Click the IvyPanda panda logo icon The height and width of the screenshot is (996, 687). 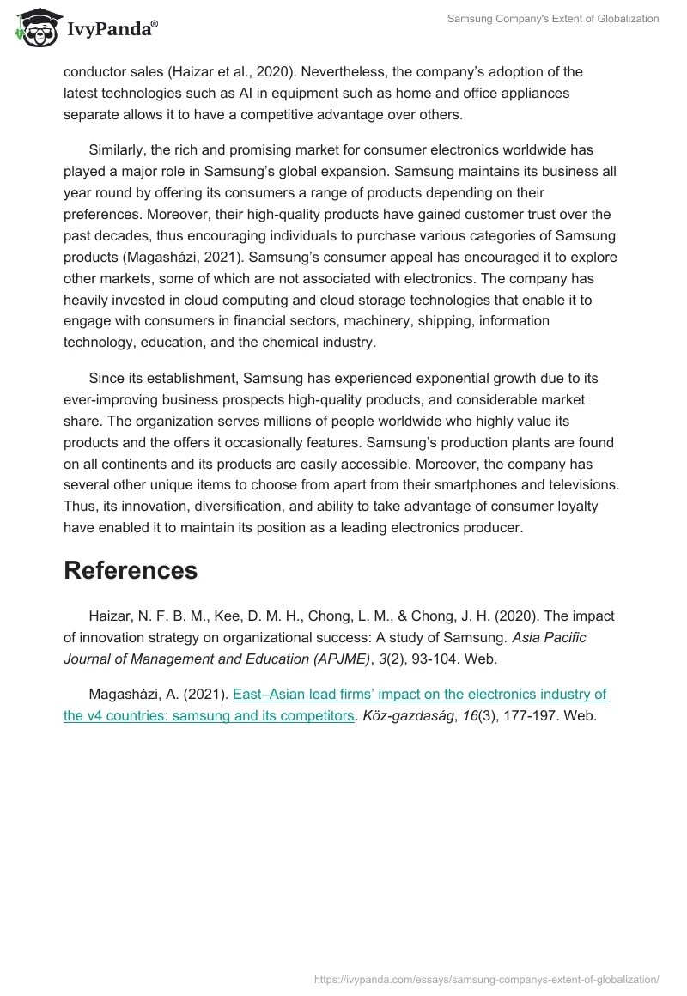pos(34,27)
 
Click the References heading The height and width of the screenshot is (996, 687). pos(131,570)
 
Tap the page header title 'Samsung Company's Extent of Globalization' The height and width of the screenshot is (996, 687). pos(553,19)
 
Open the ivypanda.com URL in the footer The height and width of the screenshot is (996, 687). pos(487,978)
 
